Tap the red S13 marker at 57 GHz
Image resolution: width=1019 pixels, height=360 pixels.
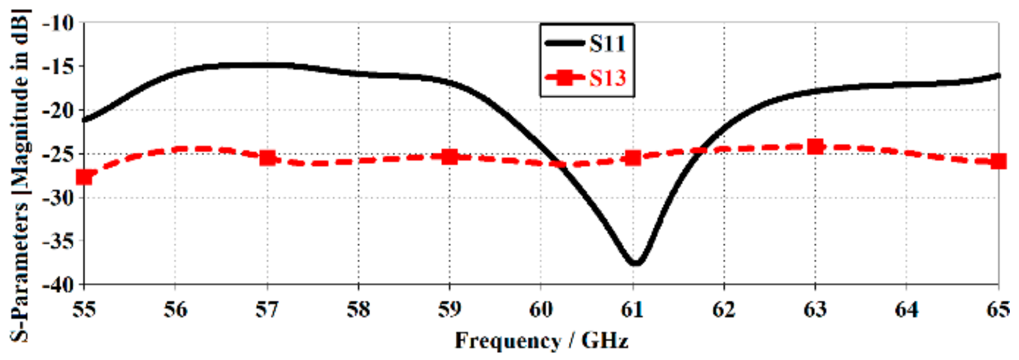pyautogui.click(x=267, y=158)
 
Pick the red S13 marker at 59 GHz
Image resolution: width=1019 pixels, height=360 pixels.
pyautogui.click(x=450, y=157)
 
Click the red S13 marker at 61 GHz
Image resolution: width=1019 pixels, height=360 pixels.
pyautogui.click(x=633, y=158)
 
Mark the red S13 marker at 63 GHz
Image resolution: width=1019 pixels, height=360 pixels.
pyautogui.click(x=815, y=147)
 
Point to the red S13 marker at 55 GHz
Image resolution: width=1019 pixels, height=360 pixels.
pyautogui.click(x=84, y=177)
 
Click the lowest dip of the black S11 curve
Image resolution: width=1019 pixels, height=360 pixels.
pyautogui.click(x=635, y=263)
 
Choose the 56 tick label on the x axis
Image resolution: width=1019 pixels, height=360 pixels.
pyautogui.click(x=175, y=309)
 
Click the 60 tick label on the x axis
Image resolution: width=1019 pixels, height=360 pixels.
pyautogui.click(x=541, y=309)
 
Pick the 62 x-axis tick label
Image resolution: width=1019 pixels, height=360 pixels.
pyautogui.click(x=724, y=309)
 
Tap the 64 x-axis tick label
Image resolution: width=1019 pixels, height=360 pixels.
pyautogui.click(x=906, y=309)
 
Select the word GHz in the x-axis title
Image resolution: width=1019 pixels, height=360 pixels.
pyautogui.click(x=605, y=341)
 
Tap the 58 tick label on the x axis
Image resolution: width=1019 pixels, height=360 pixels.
pyautogui.click(x=358, y=309)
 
